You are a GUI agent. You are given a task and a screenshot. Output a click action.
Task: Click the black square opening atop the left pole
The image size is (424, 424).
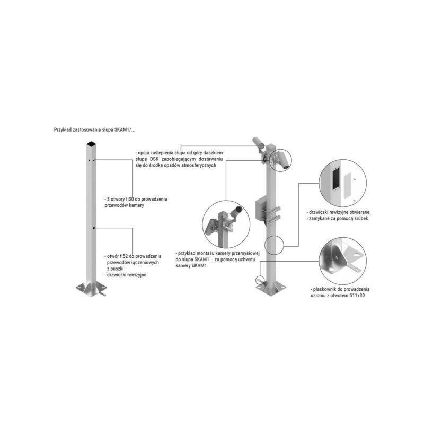click(91, 143)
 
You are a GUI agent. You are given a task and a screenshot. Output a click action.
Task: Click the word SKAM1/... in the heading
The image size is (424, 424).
click(125, 130)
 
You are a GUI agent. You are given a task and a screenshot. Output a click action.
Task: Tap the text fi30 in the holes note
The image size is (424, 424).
click(130, 199)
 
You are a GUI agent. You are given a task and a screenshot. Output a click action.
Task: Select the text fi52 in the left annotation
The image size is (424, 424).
click(129, 256)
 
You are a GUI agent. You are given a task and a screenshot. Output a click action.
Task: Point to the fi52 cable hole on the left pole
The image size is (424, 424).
click(94, 228)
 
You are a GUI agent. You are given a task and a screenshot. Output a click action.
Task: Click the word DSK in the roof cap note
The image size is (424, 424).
click(154, 159)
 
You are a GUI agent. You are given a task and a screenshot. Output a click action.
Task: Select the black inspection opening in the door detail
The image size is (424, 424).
click(335, 178)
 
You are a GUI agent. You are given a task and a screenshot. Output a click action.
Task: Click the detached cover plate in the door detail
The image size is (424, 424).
click(347, 187)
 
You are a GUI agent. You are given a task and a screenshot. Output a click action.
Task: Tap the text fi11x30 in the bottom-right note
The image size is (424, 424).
click(357, 296)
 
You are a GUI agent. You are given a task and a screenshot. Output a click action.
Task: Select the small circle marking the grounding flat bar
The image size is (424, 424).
click(260, 280)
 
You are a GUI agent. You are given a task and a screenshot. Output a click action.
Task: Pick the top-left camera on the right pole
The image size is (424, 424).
click(258, 142)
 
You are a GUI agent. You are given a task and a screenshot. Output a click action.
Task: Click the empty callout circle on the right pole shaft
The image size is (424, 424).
click(274, 245)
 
